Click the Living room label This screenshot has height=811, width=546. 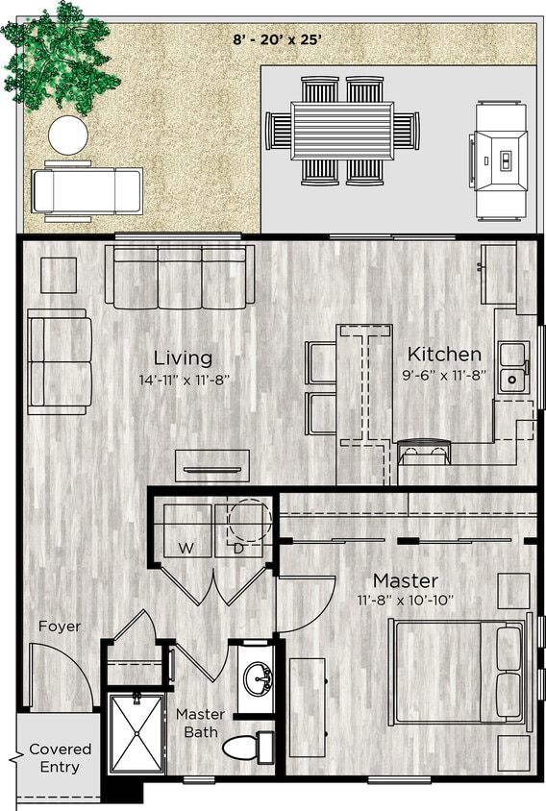(x=183, y=357)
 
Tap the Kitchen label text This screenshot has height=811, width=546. (x=444, y=354)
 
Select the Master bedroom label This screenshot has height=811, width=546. (x=406, y=580)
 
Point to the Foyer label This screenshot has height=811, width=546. (x=60, y=627)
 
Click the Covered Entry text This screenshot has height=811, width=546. (x=60, y=757)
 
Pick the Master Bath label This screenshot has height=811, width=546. (x=200, y=724)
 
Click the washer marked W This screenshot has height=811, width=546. (x=183, y=531)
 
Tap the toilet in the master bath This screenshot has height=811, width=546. (x=245, y=747)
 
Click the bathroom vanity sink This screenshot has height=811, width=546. (x=258, y=678)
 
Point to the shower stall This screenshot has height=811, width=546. (x=136, y=733)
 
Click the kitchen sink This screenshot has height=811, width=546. (x=512, y=367)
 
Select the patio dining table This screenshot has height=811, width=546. (x=342, y=130)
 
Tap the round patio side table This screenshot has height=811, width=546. (x=68, y=135)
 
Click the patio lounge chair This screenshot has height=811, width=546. (x=87, y=190)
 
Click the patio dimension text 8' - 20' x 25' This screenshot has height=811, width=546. (x=275, y=39)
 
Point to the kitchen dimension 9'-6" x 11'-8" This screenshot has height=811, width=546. (x=444, y=376)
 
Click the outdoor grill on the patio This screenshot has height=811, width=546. (x=501, y=161)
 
